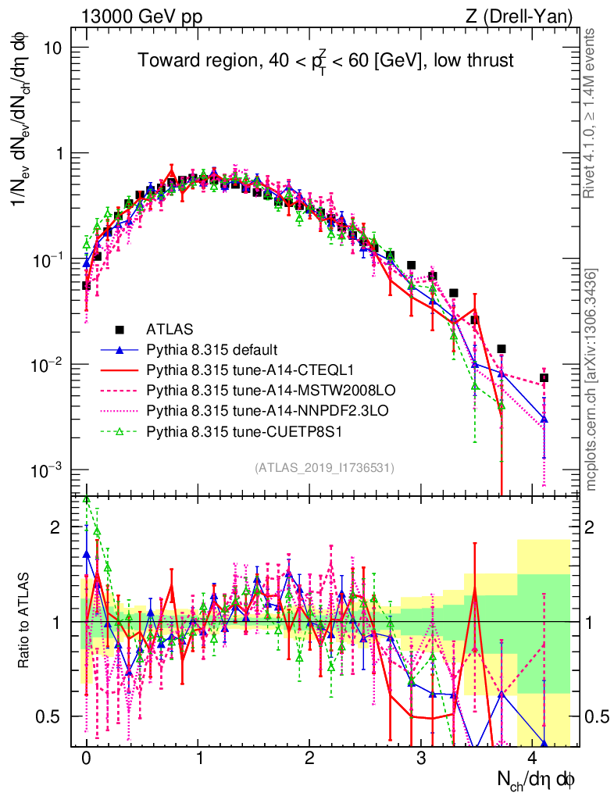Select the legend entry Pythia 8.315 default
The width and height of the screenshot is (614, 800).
pyautogui.click(x=212, y=349)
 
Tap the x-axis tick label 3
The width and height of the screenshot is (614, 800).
pyautogui.click(x=421, y=759)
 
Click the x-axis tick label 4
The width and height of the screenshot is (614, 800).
pyautogui.click(x=533, y=759)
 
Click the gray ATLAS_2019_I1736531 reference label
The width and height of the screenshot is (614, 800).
pyautogui.click(x=324, y=468)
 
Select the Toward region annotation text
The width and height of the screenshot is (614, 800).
pyautogui.click(x=326, y=61)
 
